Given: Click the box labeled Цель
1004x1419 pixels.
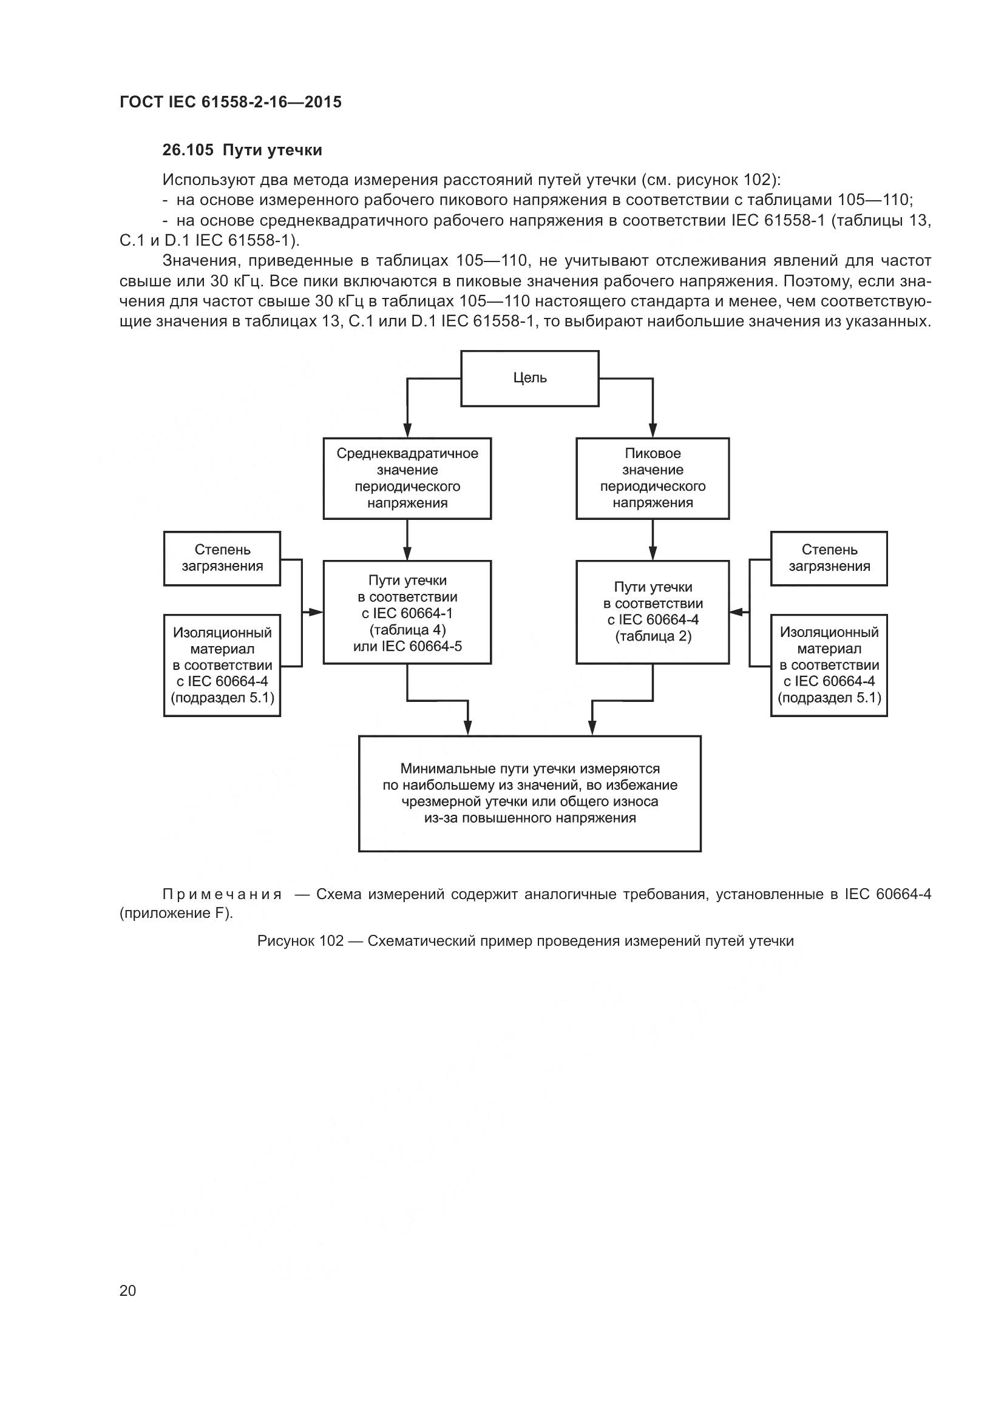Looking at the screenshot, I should pos(530,378).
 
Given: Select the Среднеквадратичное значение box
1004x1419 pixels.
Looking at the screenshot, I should pos(407,478).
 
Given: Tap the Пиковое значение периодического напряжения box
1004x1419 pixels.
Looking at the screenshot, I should pos(652,478).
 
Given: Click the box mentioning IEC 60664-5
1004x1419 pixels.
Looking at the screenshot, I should pos(407,613).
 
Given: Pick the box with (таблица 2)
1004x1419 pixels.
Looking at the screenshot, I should pos(652,613).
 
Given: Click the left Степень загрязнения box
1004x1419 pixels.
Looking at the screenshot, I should pos(222,558).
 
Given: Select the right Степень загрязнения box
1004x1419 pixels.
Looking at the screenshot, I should pos(829,558).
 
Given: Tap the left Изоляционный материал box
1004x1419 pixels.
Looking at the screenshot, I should pos(222,665).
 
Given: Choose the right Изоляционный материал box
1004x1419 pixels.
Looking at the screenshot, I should pos(829,665).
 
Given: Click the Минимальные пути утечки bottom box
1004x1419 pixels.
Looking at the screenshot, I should pos(530,793).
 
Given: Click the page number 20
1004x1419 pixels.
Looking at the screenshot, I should pos(127,1290).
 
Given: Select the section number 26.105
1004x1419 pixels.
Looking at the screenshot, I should pos(188,150).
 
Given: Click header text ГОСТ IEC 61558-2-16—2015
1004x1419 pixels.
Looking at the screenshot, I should pos(230,102).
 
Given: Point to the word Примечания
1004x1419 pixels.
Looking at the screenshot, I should pos(222,894).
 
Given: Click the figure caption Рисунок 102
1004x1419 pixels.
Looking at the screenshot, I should pos(300,942).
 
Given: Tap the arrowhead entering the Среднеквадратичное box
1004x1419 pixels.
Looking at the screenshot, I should pos(407,431).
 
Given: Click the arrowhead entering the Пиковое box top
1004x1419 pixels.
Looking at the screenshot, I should pos(652,431).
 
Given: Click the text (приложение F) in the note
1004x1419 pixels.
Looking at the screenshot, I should pos(176,914).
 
